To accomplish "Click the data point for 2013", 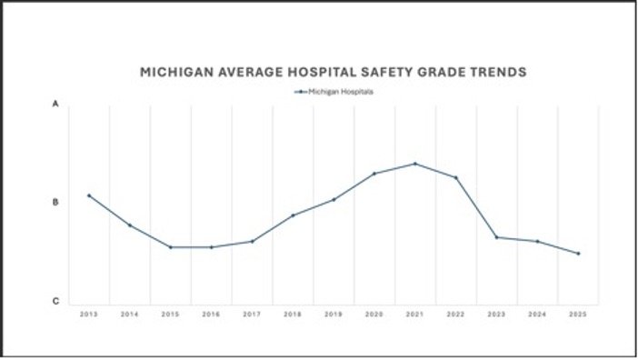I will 88,195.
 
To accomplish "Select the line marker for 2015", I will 170,247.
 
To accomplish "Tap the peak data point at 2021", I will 415,164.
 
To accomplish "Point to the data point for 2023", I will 496,237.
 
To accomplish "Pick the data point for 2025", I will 578,254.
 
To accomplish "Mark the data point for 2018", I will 293,215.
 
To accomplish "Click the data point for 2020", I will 374,174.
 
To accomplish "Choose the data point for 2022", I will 456,178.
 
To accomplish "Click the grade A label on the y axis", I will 55,105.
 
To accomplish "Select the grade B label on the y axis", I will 55,203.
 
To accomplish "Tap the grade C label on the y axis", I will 55,302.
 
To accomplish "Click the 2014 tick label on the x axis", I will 129,315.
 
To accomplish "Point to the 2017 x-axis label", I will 252,315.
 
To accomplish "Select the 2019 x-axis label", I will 334,315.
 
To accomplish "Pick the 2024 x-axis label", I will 537,315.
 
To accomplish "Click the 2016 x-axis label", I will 211,315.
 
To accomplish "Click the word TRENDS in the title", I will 496,71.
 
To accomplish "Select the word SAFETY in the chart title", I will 379,71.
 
